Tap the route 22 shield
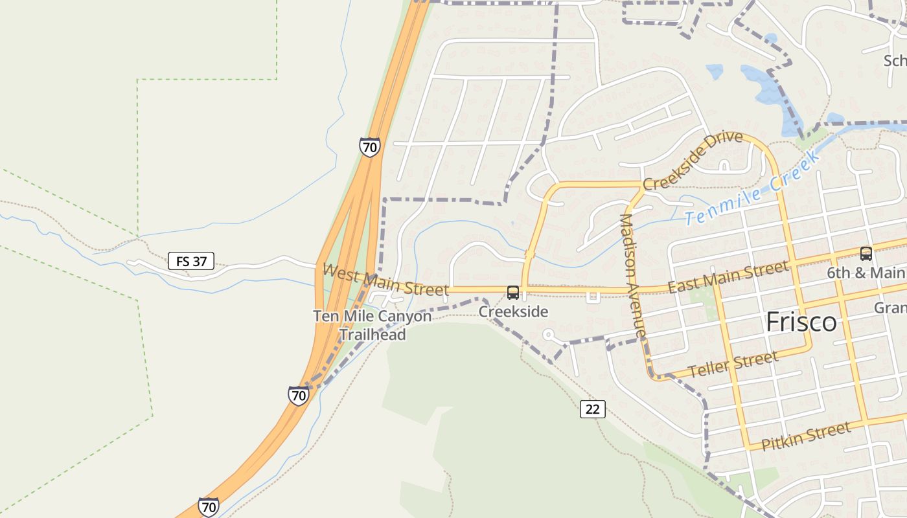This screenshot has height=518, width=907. pos(593,409)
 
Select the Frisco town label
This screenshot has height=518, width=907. pos(801,322)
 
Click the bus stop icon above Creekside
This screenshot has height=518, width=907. pos(513,293)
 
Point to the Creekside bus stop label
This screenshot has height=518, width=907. pos(513,312)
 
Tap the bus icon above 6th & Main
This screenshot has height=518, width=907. pos(866,253)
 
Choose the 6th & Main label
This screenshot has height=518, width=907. pos(866,273)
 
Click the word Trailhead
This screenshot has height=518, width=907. pos(373,335)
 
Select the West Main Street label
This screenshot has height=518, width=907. pos(385,280)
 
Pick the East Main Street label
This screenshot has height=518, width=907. pos(729,276)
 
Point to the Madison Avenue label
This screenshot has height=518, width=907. pos(633,276)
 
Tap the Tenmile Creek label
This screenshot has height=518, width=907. pos(753,189)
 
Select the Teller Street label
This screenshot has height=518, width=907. pos(733,365)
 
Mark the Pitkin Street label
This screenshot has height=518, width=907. pos(805,436)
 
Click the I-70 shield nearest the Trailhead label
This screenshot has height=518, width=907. pos(298,395)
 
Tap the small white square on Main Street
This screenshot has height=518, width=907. pos(592,297)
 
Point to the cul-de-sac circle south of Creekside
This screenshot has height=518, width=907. pos(549,335)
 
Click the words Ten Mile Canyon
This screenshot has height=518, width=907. pos(372,317)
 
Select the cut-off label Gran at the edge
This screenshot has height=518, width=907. pos(891,308)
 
